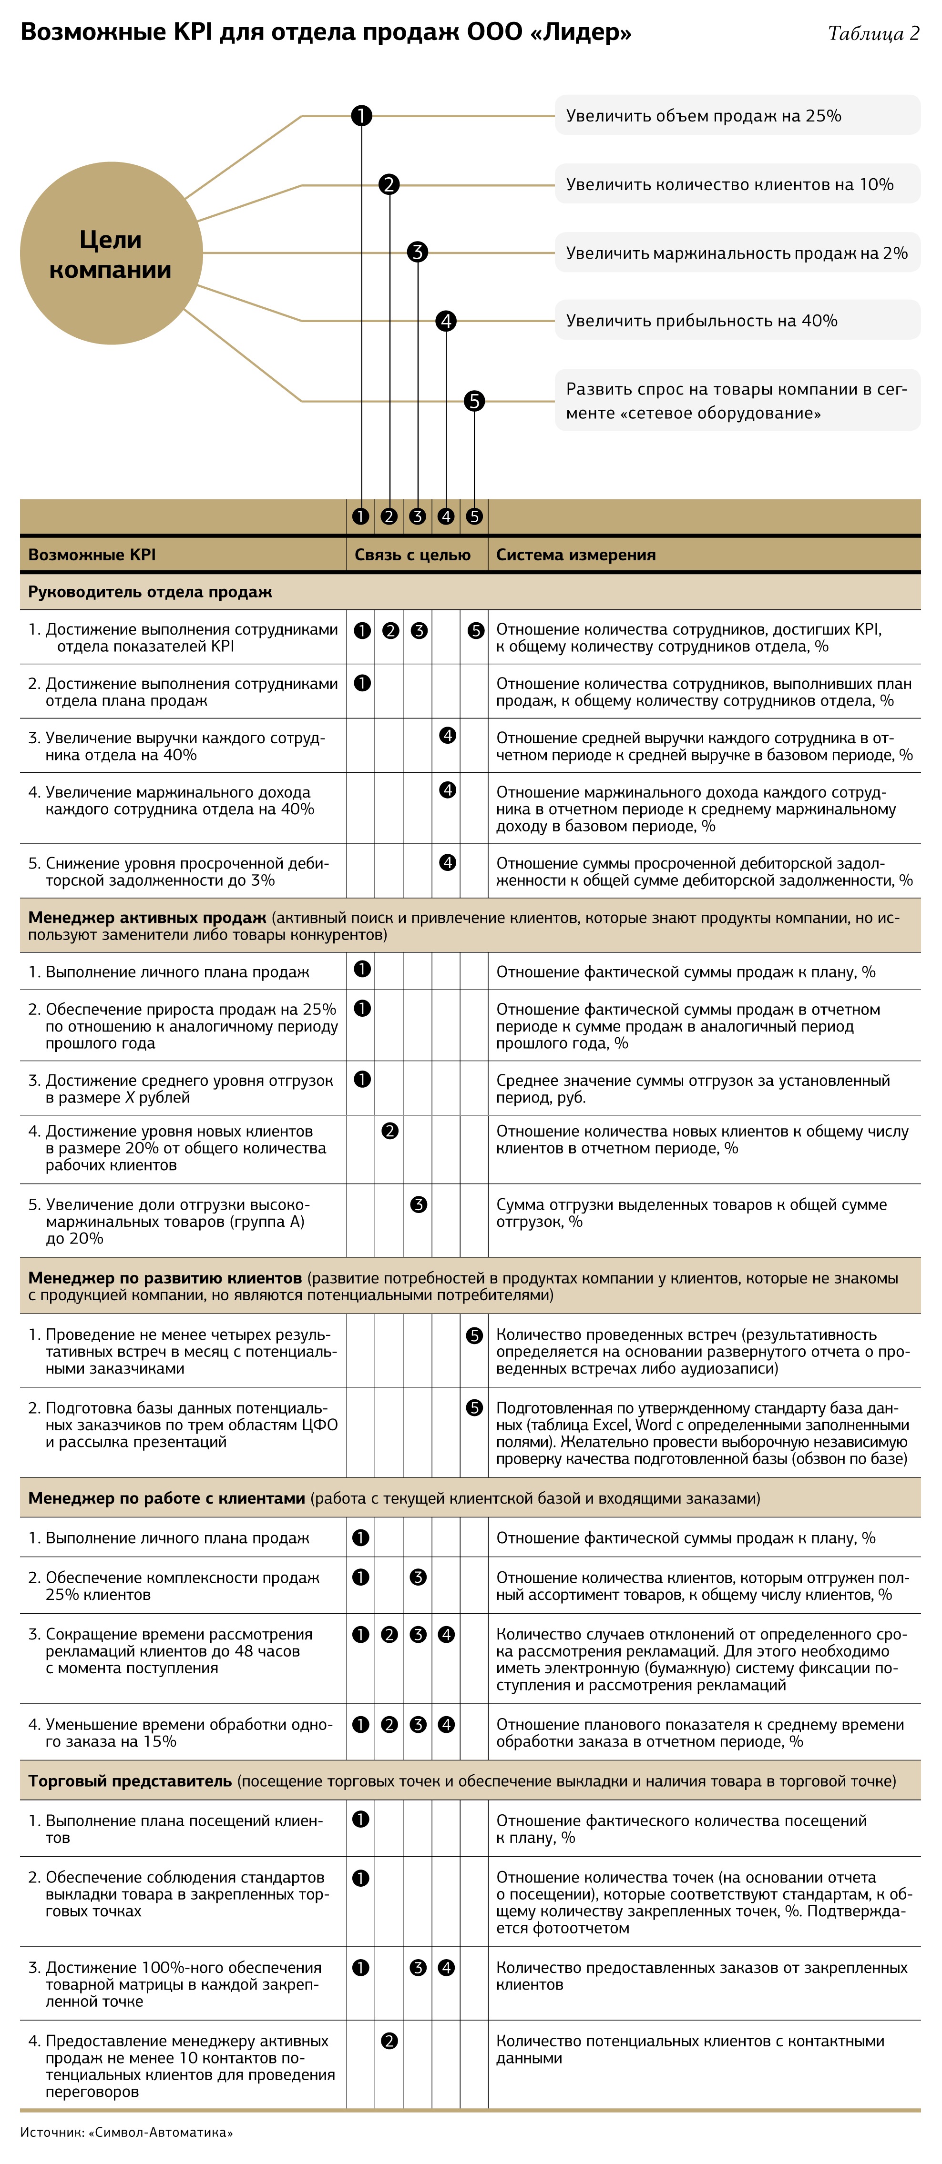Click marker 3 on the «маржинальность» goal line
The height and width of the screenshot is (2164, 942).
tap(418, 252)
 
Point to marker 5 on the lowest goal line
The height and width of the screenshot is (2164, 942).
tap(475, 402)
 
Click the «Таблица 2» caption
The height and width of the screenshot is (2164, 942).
tap(873, 34)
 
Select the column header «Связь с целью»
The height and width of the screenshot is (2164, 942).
tap(412, 555)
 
